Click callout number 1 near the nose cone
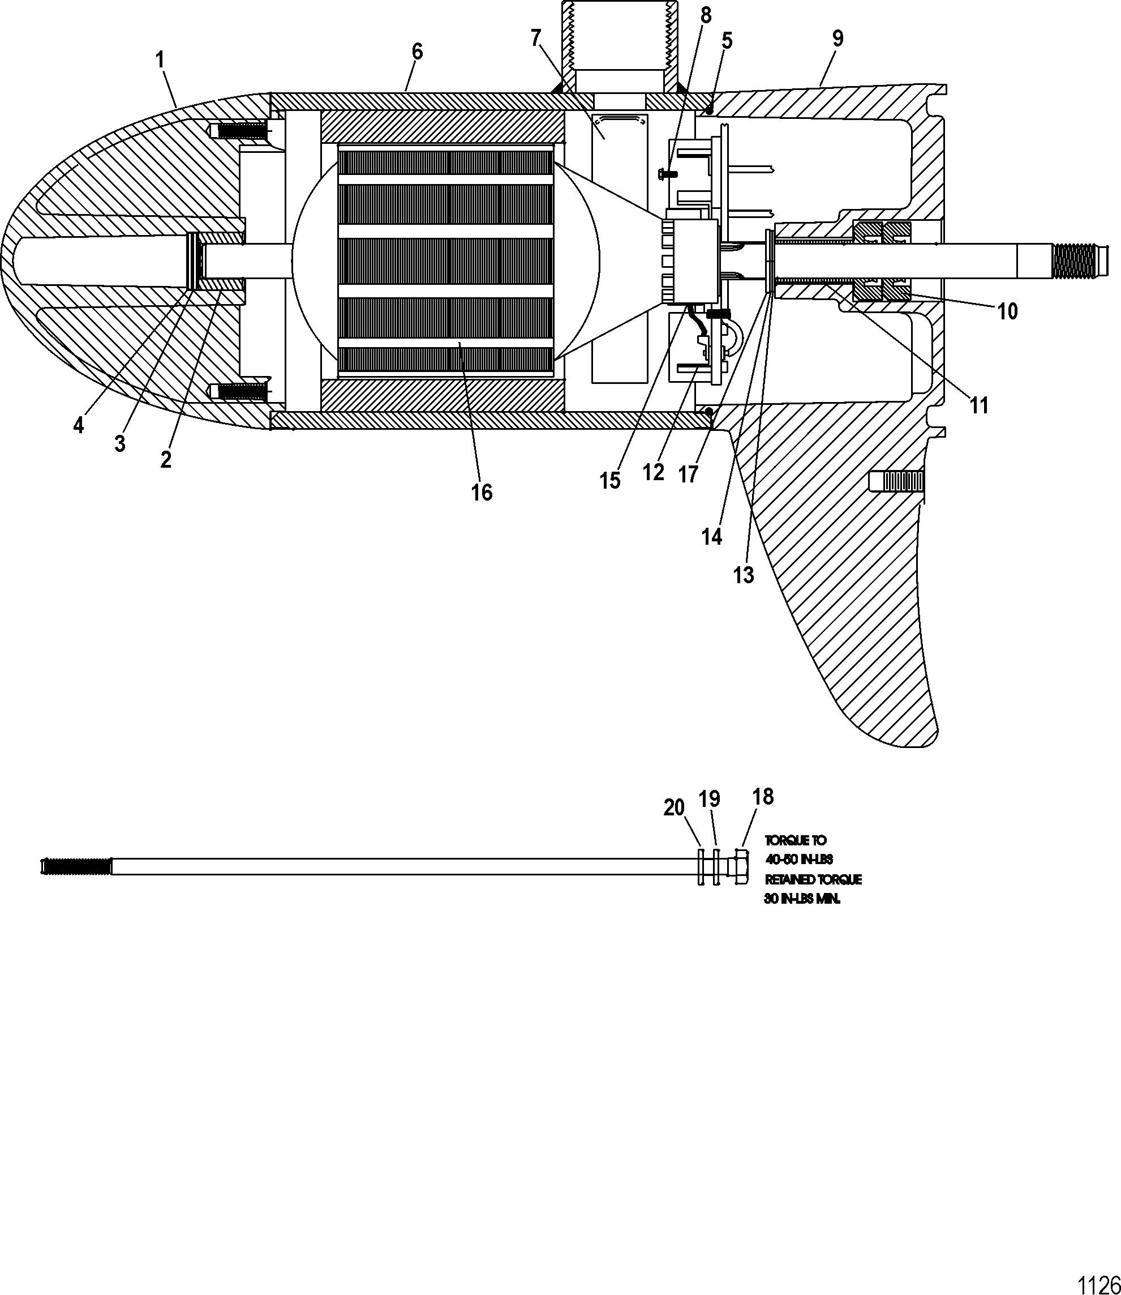point(160,61)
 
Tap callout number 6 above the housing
point(417,52)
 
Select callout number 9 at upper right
point(837,39)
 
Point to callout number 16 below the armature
point(482,493)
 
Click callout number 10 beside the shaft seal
point(1007,311)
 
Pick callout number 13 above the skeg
point(744,575)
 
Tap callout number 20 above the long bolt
point(674,809)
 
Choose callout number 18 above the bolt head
point(763,797)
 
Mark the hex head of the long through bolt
point(742,867)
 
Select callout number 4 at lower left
point(78,426)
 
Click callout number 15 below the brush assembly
point(610,481)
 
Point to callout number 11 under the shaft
point(979,405)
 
